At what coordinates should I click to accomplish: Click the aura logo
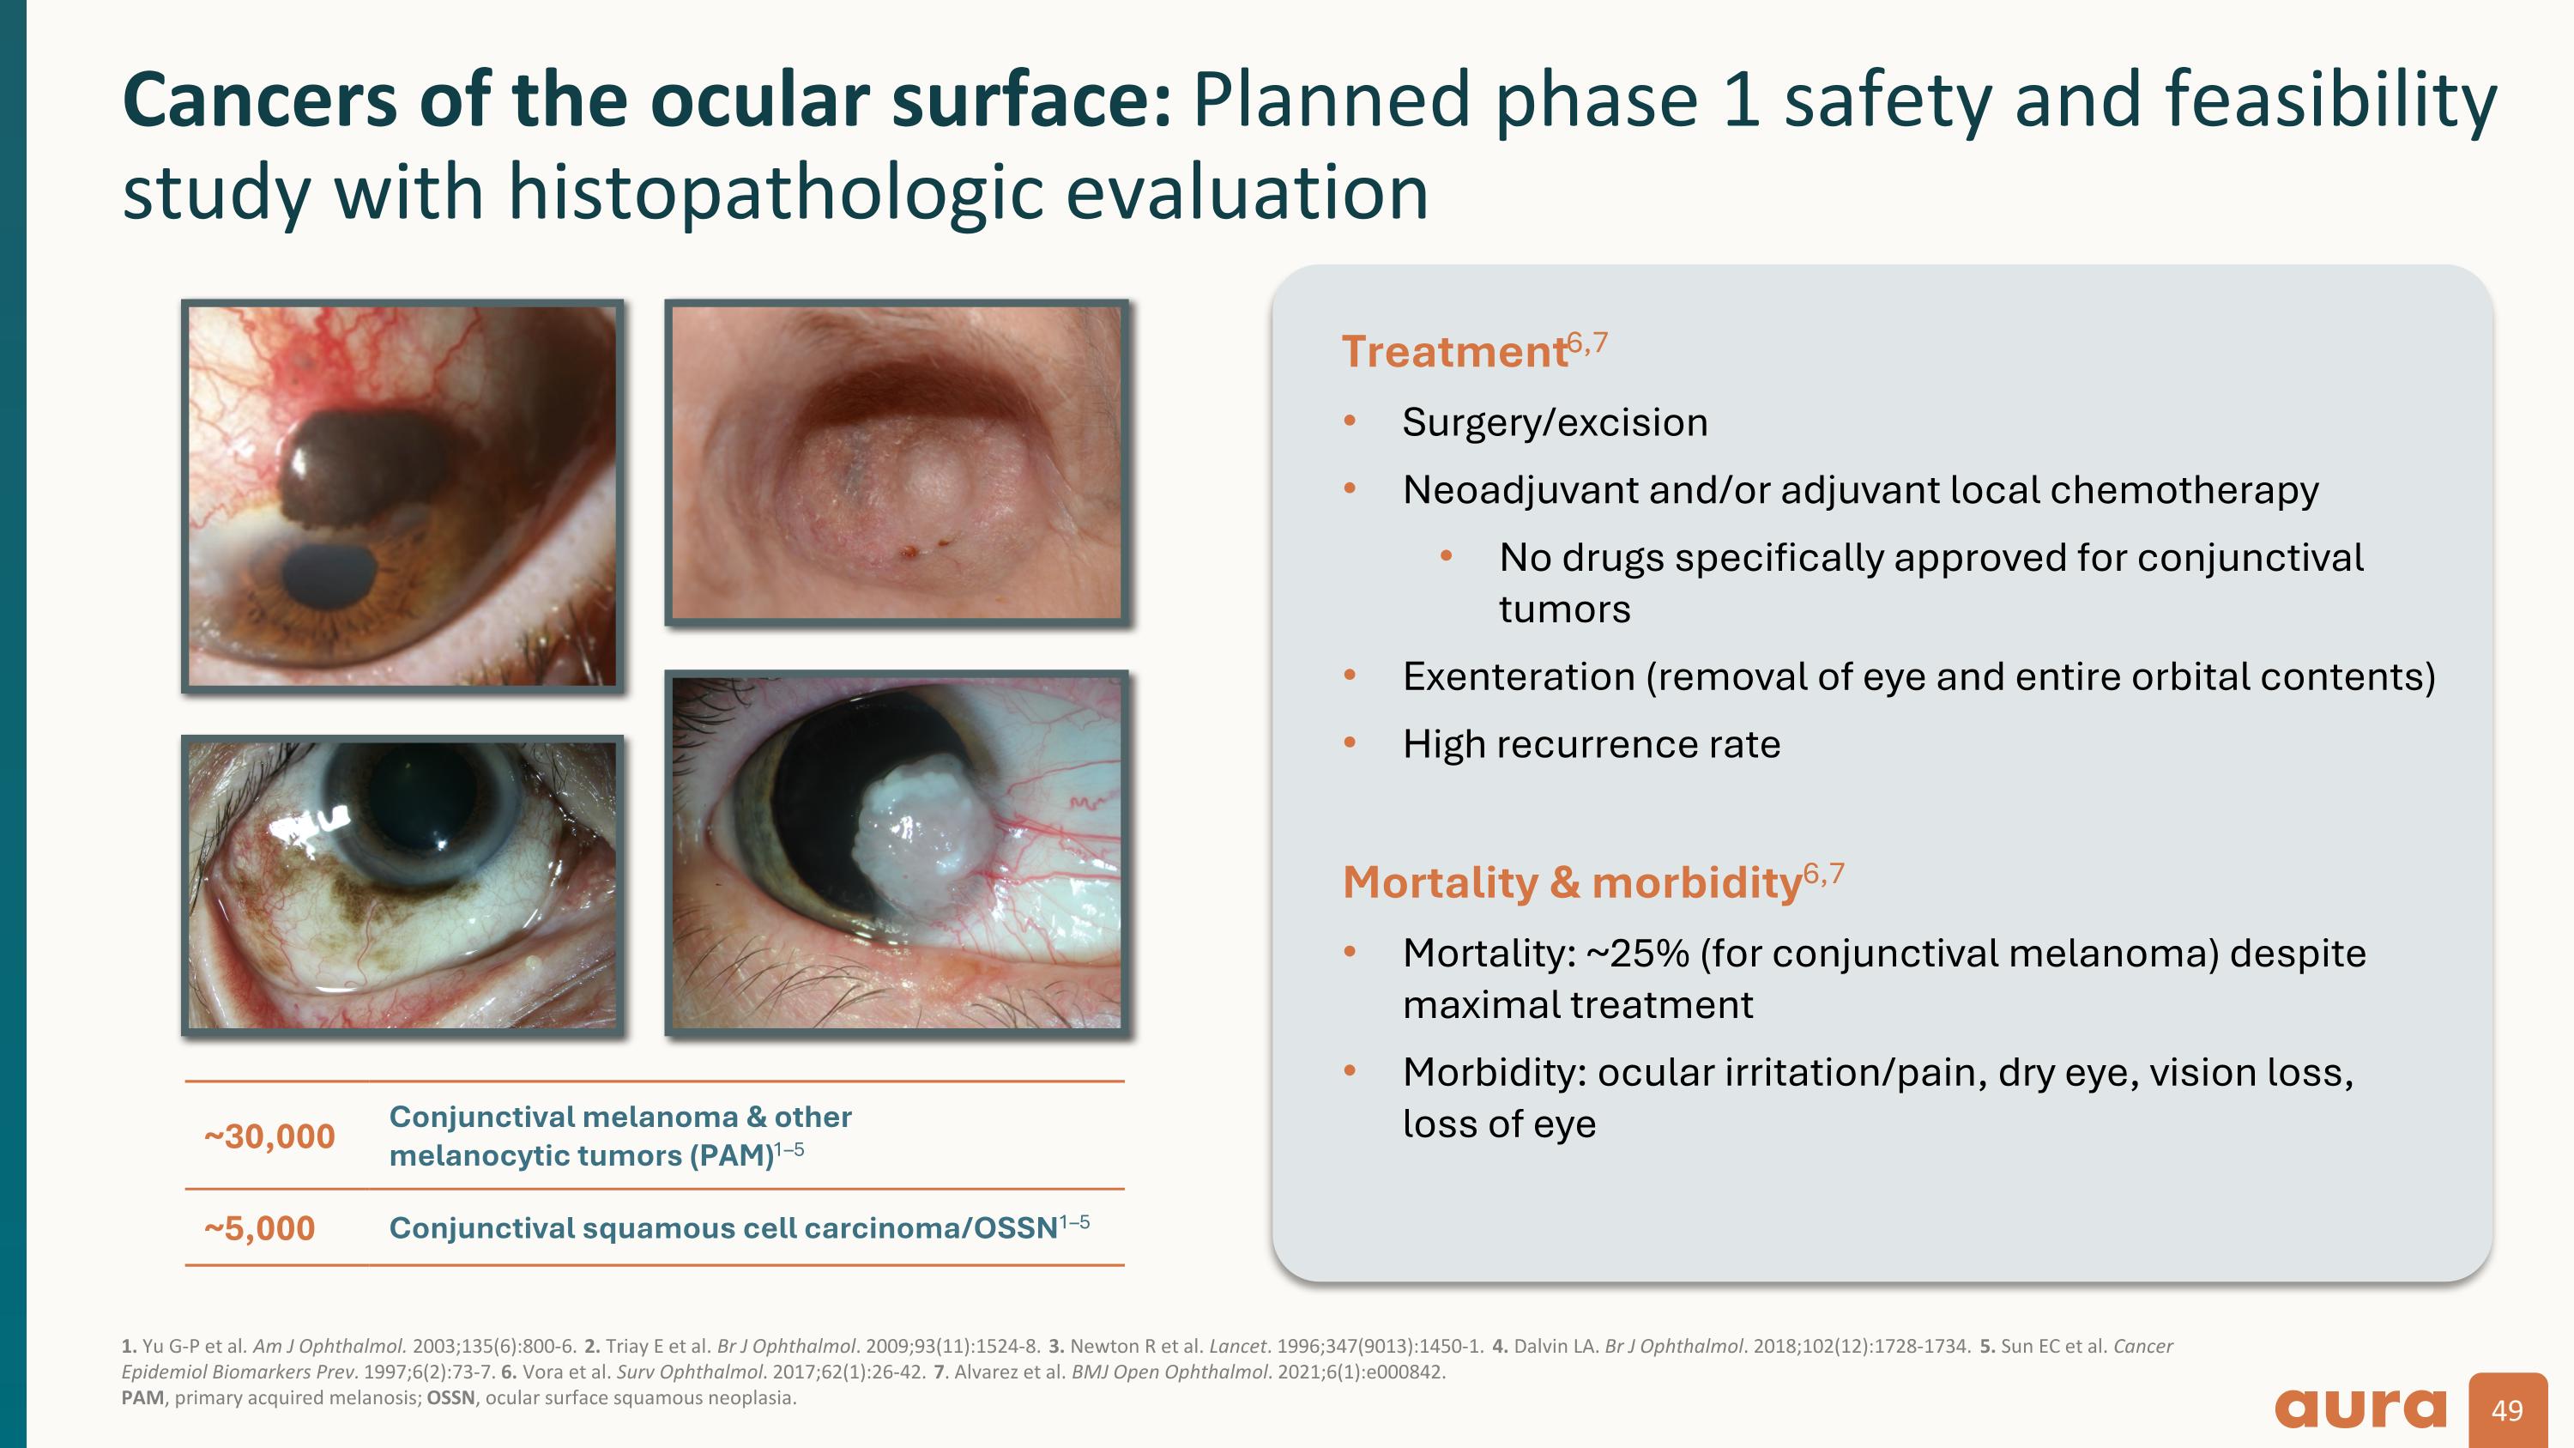pyautogui.click(x=2360, y=1409)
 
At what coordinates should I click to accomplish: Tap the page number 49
pyautogui.click(x=2507, y=1410)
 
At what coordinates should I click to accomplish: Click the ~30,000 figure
pyautogui.click(x=269, y=1136)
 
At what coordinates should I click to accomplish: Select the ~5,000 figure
pyautogui.click(x=259, y=1228)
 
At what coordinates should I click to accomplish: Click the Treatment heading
pyautogui.click(x=1453, y=352)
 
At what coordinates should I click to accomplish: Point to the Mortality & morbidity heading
pyautogui.click(x=1572, y=882)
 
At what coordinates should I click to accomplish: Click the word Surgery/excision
pyautogui.click(x=1555, y=422)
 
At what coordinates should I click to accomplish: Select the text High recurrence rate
pyautogui.click(x=1592, y=744)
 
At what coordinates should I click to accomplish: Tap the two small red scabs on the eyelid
pyautogui.click(x=924, y=548)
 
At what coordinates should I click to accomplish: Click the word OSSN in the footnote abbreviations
pyautogui.click(x=450, y=1398)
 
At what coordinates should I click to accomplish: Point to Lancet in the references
pyautogui.click(x=1238, y=1346)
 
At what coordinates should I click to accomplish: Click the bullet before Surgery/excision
pyautogui.click(x=1350, y=421)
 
